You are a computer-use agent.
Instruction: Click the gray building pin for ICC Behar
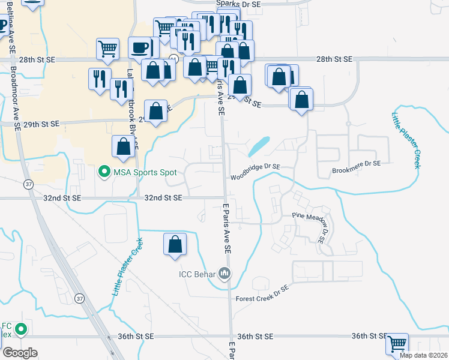pyautogui.click(x=225, y=274)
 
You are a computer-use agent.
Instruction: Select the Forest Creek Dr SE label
pyautogui.click(x=262, y=288)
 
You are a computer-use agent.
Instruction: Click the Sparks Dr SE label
pyautogui.click(x=240, y=4)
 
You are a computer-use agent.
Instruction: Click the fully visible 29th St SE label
pyautogui.click(x=38, y=124)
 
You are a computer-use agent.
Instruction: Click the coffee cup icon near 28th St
pyautogui.click(x=140, y=47)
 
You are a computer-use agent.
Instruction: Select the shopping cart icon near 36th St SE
pyautogui.click(x=397, y=344)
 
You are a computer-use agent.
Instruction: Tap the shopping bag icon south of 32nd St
pyautogui.click(x=175, y=244)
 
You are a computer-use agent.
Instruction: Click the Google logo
pyautogui.click(x=20, y=353)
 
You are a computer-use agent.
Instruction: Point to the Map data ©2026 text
pyautogui.click(x=423, y=355)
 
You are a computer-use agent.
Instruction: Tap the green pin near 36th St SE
pyautogui.click(x=21, y=329)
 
